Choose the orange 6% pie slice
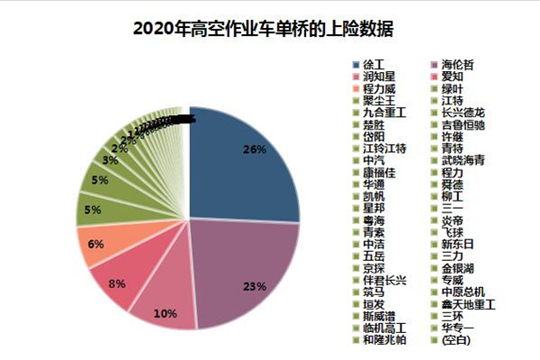pos(97,244)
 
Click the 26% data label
pos(255,148)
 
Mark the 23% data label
pos(255,287)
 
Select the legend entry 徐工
pos(373,66)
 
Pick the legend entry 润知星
pos(379,77)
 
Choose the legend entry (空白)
pos(455,339)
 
